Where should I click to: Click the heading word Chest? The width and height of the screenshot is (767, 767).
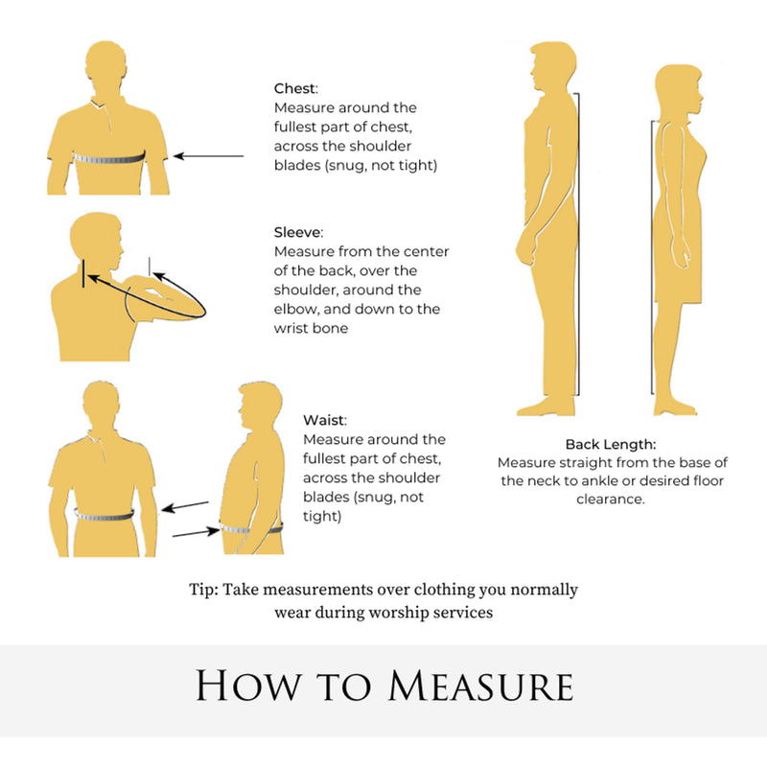point(294,88)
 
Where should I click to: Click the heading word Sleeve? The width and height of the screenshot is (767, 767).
point(297,232)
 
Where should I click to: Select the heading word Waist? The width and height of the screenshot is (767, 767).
point(324,420)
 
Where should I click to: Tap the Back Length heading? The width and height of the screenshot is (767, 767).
point(611,444)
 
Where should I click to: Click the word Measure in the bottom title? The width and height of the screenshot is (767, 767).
point(481,686)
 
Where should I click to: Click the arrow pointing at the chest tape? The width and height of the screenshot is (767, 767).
point(209,156)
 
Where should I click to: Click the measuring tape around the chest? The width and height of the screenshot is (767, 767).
point(108,158)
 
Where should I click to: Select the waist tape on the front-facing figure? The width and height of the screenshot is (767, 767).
point(105,515)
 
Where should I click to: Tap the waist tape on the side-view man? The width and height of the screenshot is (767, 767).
point(250,529)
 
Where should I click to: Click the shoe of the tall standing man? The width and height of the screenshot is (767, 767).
point(546,407)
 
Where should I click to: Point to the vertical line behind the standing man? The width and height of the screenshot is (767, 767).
point(579,244)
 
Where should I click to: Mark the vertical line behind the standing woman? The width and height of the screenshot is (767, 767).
point(652,257)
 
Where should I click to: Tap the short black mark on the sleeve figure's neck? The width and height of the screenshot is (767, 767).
point(83,273)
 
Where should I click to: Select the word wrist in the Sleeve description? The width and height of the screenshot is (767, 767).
point(289,328)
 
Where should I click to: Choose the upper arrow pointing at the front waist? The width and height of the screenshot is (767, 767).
point(185,507)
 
